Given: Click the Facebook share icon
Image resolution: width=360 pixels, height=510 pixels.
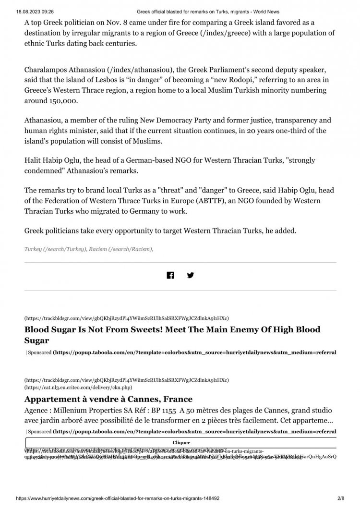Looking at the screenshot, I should [170, 275].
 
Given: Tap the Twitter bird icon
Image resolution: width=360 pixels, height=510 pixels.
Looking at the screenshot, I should [191, 275].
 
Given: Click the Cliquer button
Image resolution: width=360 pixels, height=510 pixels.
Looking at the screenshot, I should [181, 442].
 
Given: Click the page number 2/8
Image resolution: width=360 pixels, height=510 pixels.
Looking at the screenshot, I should [340, 499].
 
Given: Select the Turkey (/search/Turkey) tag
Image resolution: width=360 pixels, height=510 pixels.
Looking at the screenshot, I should [56, 250].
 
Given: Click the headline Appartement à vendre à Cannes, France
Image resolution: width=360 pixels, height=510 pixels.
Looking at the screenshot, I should [108, 399].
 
